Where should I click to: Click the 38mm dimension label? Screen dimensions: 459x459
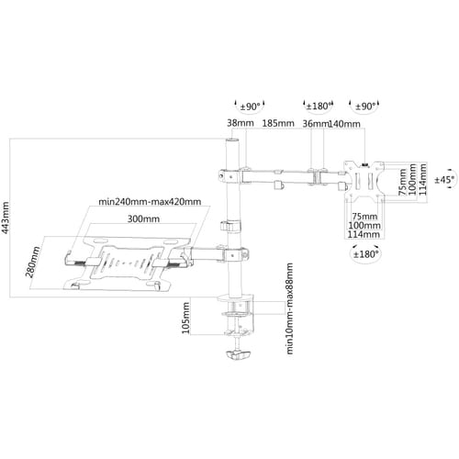241,123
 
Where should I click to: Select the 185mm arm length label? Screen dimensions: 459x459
278,123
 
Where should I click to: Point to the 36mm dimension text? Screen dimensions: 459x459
315,124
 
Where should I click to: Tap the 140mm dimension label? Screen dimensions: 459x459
344,124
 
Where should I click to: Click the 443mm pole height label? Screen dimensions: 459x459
6,218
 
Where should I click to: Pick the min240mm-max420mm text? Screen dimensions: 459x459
150,202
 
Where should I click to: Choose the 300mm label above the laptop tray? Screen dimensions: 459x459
143,218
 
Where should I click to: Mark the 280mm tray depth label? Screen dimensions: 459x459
32,262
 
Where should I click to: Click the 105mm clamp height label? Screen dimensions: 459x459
185,318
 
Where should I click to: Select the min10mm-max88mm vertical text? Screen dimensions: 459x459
289,308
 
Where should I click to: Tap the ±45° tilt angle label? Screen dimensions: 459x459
444,180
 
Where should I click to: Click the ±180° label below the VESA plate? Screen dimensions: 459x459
365,254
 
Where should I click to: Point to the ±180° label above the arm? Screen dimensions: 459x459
319,106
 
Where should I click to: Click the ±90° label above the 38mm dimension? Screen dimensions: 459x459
250,106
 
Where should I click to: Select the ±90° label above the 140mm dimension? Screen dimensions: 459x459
365,106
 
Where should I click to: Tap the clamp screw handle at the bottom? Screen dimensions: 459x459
239,355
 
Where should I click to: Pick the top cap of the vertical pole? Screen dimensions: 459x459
232,141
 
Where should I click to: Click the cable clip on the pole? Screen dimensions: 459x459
230,226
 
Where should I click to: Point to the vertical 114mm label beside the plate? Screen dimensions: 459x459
422,180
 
